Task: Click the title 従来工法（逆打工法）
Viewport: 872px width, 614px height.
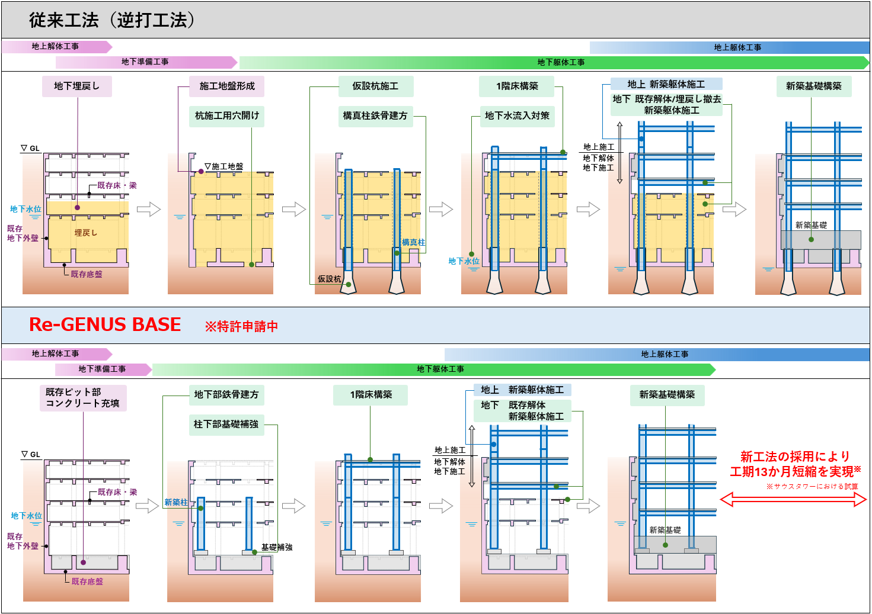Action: coord(112,20)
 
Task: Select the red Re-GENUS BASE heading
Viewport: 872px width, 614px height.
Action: coord(105,324)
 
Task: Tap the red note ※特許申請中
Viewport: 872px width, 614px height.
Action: coord(241,326)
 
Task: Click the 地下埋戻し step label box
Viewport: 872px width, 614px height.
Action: coord(77,86)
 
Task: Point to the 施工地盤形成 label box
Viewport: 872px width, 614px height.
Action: coord(227,86)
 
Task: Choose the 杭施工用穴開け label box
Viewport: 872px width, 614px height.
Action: coord(227,116)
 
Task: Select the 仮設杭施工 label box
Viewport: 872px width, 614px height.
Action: coord(375,86)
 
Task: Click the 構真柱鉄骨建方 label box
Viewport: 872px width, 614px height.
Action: coord(375,116)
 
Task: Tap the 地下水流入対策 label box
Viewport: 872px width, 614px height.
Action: coord(517,116)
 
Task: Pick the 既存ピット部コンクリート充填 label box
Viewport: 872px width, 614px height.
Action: coord(83,398)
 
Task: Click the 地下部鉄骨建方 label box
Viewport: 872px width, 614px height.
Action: coord(226,395)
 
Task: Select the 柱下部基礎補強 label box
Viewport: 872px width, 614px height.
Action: coord(226,425)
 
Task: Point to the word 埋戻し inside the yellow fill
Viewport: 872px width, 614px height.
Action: coord(86,233)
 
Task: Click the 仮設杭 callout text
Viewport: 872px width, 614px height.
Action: coord(329,279)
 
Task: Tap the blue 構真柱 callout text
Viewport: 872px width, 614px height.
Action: coord(413,242)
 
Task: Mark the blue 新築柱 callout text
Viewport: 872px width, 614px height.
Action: coord(175,503)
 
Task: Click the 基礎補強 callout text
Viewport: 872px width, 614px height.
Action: coord(277,548)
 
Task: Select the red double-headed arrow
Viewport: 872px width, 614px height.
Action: coord(793,500)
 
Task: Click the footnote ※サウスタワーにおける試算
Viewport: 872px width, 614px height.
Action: coord(812,487)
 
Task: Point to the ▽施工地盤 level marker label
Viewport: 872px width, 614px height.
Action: coord(224,167)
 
